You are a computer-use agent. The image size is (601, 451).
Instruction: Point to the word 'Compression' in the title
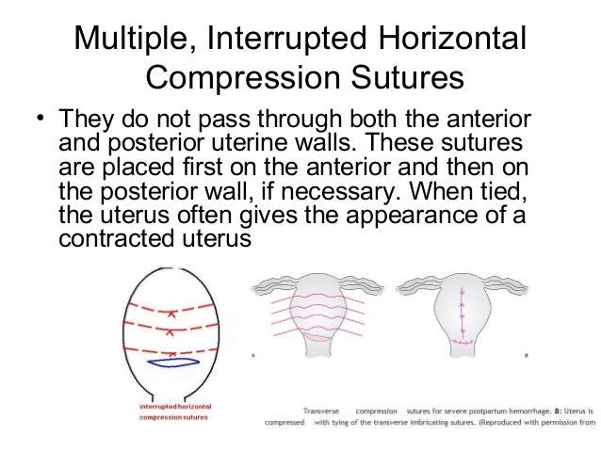tap(237, 77)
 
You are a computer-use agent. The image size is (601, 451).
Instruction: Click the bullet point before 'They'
tap(41, 121)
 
